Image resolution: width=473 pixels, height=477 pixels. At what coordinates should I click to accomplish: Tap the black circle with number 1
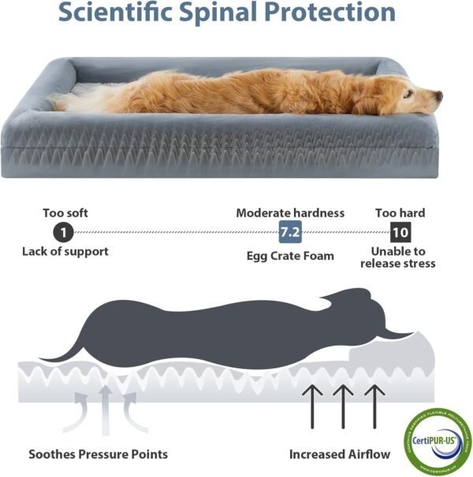pyautogui.click(x=63, y=232)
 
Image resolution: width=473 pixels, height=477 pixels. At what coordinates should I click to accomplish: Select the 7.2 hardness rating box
pyautogui.click(x=290, y=232)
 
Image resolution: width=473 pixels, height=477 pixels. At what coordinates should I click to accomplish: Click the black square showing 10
pyautogui.click(x=400, y=232)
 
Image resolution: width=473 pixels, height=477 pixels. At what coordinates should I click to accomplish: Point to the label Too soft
pyautogui.click(x=65, y=213)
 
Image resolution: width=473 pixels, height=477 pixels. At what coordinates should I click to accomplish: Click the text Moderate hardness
pyautogui.click(x=290, y=213)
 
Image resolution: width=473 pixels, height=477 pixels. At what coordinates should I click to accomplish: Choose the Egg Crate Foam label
pyautogui.click(x=290, y=255)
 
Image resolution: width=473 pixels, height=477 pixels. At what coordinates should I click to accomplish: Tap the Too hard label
pyautogui.click(x=400, y=213)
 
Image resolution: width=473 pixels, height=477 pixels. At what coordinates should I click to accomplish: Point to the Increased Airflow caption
pyautogui.click(x=339, y=454)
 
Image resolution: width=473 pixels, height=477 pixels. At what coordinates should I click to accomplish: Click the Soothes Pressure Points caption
pyautogui.click(x=98, y=454)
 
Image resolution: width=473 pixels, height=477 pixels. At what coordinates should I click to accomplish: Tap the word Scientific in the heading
pyautogui.click(x=110, y=13)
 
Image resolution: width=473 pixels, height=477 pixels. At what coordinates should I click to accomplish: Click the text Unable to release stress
pyautogui.click(x=398, y=257)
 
